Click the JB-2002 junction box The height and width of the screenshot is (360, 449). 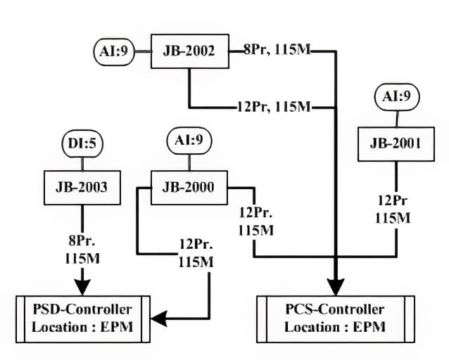click(x=191, y=51)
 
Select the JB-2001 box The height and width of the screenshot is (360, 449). click(x=396, y=143)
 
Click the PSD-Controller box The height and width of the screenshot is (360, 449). click(x=82, y=319)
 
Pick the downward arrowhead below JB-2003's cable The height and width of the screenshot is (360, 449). click(x=83, y=285)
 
